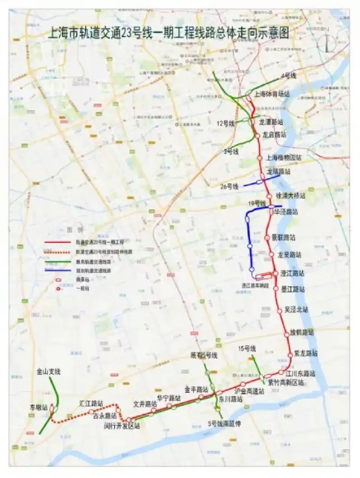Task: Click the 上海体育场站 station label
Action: [271, 94]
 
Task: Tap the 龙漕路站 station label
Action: [271, 122]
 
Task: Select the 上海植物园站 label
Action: [283, 158]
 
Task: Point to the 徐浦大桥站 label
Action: [290, 196]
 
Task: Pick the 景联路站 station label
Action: [283, 237]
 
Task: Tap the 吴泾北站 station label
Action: [297, 310]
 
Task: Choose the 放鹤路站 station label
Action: [302, 333]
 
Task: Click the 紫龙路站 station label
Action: [306, 353]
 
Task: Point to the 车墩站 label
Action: [39, 407]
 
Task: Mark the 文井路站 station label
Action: [145, 404]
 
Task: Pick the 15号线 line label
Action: [247, 348]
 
